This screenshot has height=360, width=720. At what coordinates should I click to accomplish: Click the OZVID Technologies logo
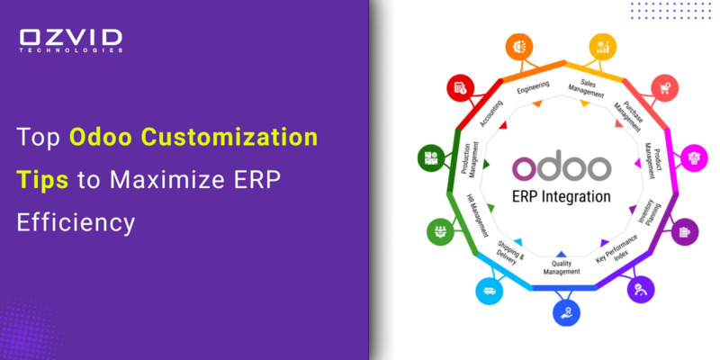tap(71, 40)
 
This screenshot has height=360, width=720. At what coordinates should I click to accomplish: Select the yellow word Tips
tap(41, 179)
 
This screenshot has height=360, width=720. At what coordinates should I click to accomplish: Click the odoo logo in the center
tap(562, 168)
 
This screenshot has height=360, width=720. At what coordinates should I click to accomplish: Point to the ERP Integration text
tap(562, 196)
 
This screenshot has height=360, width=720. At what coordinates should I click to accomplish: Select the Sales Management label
tap(586, 87)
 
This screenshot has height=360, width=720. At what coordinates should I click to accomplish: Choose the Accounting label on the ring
tap(491, 114)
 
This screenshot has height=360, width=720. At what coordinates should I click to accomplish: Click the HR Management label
tap(476, 210)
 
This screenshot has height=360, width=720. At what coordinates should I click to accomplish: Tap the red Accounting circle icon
tap(460, 87)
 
